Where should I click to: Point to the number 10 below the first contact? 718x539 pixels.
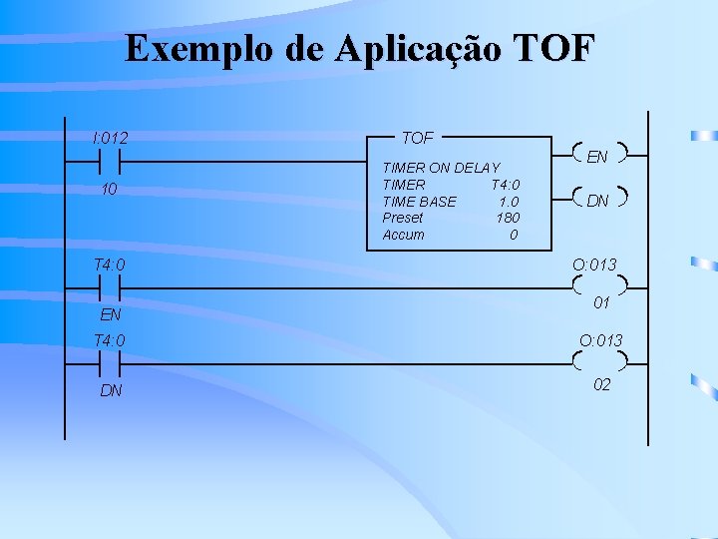tap(110, 189)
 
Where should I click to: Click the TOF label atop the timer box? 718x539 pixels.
tap(416, 137)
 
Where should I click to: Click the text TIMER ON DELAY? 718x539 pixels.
tap(441, 168)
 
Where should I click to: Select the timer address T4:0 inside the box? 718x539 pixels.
tap(505, 185)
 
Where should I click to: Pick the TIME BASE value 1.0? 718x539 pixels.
tap(508, 202)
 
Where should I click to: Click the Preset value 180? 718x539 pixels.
tap(508, 218)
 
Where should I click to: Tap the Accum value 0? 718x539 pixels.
tap(514, 235)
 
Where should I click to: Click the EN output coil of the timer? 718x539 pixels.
tap(597, 156)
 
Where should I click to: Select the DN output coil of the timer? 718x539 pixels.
tap(597, 201)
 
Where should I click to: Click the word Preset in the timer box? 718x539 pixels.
tap(403, 218)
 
